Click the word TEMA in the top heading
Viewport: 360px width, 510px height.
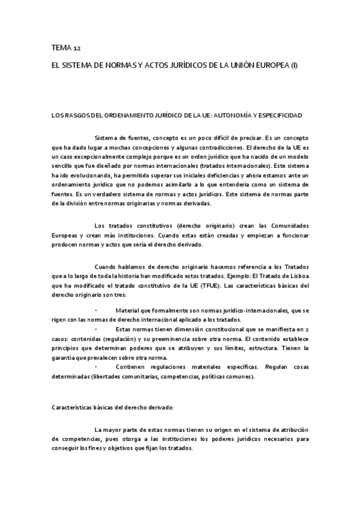[59, 48]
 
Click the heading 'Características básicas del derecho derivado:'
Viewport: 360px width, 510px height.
[113, 407]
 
